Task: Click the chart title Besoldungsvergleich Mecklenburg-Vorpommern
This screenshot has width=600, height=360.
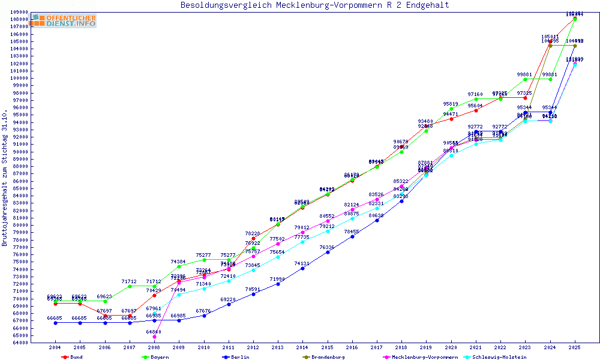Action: click(x=314, y=5)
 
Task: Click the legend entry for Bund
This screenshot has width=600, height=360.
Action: click(x=76, y=357)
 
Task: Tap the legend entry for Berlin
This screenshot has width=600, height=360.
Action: click(x=240, y=357)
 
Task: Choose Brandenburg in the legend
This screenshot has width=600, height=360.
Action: click(x=328, y=357)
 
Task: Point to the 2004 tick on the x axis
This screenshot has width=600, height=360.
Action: click(x=55, y=347)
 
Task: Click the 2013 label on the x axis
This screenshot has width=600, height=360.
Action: click(x=278, y=347)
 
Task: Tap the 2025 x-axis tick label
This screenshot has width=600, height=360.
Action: click(x=575, y=347)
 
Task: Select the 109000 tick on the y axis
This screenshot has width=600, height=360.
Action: click(x=19, y=12)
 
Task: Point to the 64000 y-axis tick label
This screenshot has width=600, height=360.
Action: click(x=19, y=343)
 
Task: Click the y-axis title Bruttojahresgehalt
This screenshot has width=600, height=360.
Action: click(x=5, y=178)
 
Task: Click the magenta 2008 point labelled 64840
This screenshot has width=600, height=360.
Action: click(x=154, y=337)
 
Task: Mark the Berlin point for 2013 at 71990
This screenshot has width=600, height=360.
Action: click(x=278, y=284)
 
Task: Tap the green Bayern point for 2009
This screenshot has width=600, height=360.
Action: click(x=179, y=266)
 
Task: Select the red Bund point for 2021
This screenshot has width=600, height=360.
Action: click(x=476, y=110)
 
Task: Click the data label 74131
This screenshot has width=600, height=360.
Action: click(x=302, y=263)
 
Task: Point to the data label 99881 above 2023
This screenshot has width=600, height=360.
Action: click(x=525, y=74)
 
